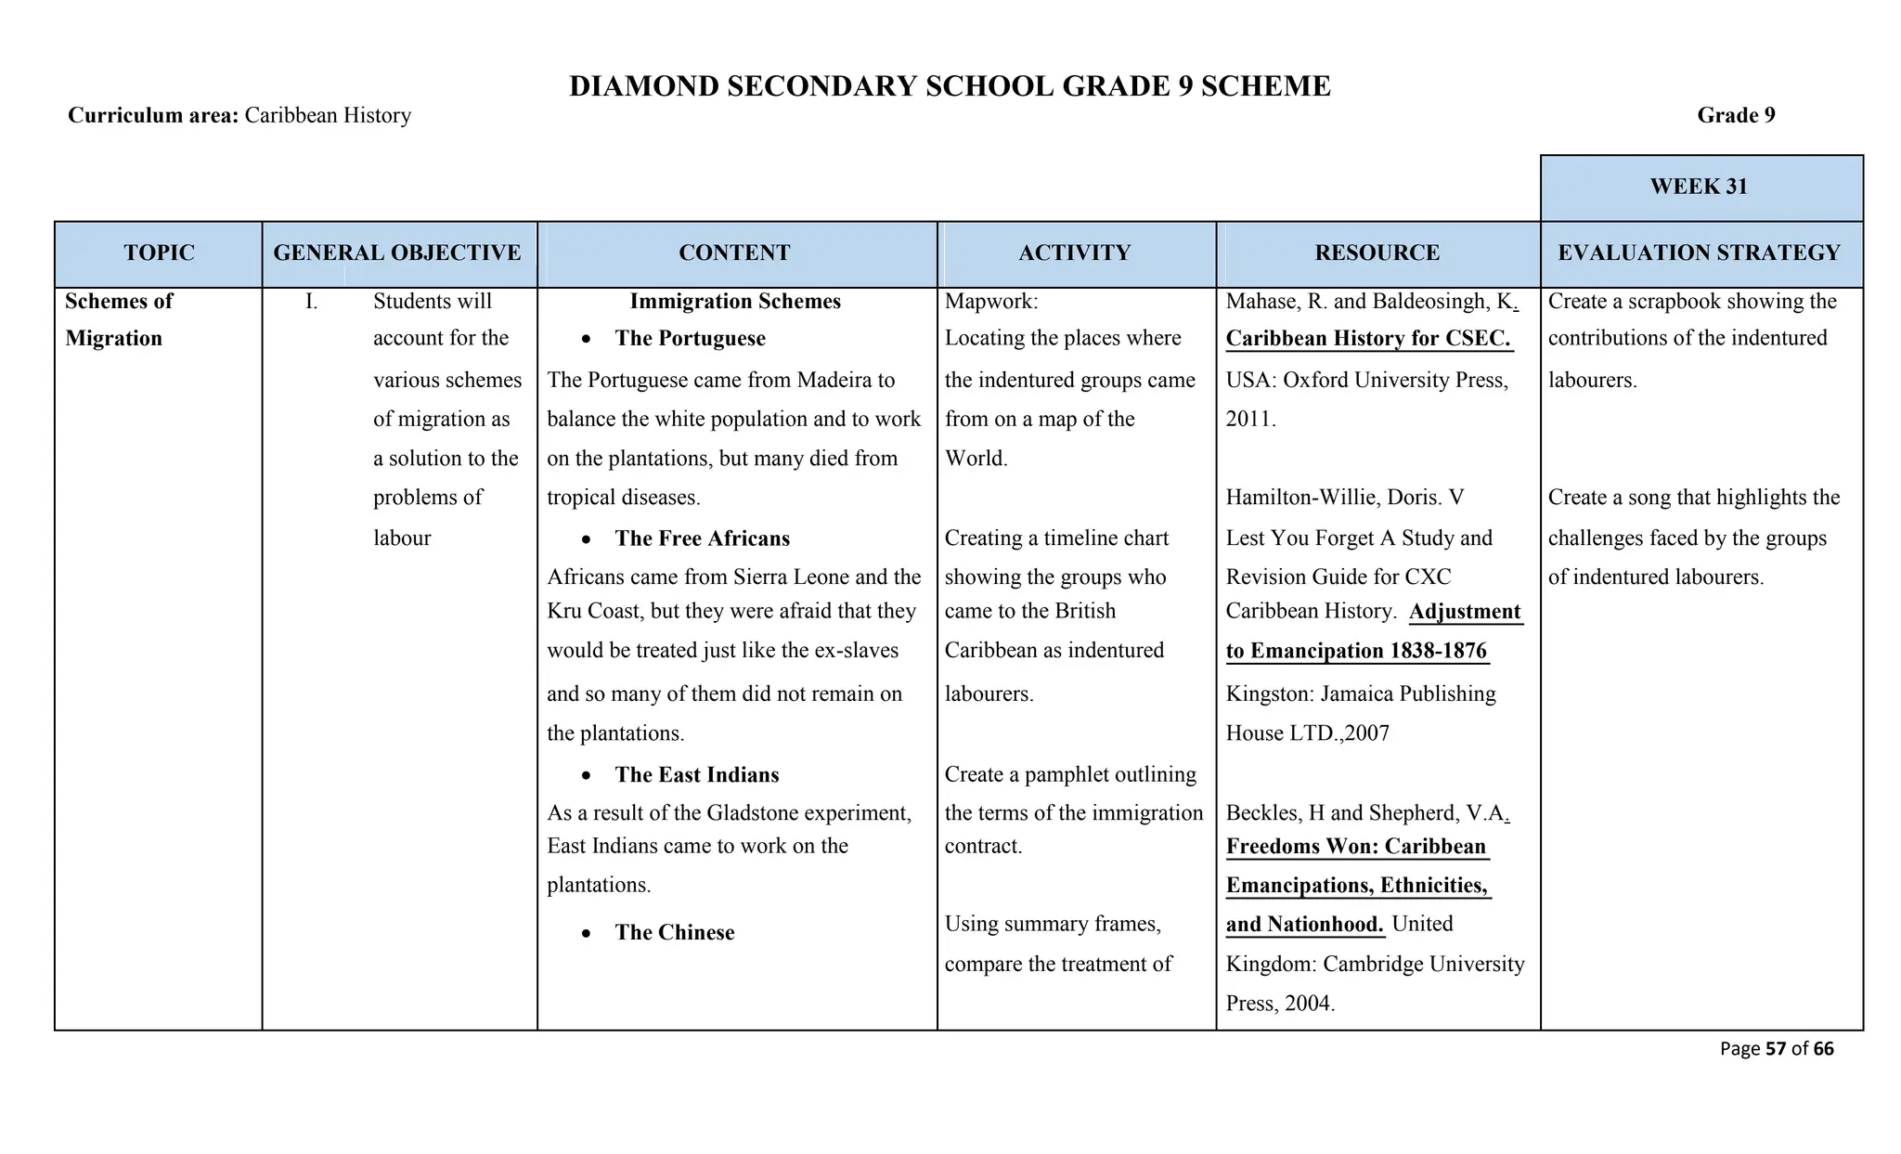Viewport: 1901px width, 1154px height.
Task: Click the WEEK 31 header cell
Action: [x=1700, y=187]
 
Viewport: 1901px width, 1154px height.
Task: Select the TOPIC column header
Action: [x=159, y=253]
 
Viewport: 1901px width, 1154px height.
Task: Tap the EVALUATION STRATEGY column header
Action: [x=1700, y=253]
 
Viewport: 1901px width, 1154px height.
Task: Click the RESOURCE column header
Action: [x=1377, y=253]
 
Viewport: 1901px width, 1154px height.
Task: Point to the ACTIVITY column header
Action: [x=1075, y=253]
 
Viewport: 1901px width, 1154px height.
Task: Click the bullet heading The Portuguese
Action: [x=690, y=339]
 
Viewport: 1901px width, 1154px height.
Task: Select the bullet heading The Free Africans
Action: [x=702, y=538]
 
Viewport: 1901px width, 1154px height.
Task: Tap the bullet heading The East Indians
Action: [x=696, y=775]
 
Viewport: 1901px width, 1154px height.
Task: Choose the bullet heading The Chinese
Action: [x=674, y=933]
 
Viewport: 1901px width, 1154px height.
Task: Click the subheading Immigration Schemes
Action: [x=735, y=302]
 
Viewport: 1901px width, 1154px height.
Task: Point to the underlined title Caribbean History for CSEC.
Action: [x=1368, y=339]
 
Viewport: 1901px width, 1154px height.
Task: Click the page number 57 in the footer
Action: [x=1775, y=1049]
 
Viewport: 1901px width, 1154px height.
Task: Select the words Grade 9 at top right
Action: [x=1736, y=116]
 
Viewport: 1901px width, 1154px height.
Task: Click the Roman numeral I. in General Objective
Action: [x=312, y=302]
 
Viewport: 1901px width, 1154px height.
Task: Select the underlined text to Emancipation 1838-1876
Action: [x=1356, y=651]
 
